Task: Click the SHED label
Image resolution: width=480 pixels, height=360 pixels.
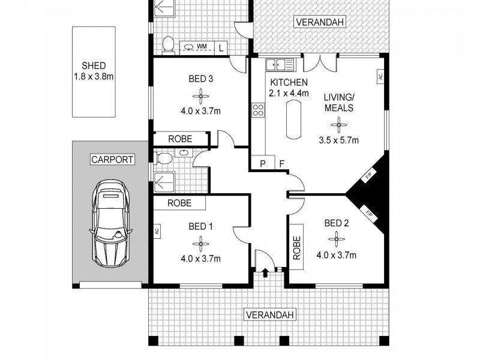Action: [x=94, y=67]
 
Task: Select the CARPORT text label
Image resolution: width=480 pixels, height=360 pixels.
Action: [x=112, y=160]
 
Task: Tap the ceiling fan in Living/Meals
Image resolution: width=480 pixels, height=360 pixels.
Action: [x=340, y=125]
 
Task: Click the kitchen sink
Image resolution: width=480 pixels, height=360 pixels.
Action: [x=280, y=64]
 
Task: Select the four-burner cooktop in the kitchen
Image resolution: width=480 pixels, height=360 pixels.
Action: [x=259, y=110]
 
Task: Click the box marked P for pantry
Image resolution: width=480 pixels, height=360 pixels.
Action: [x=262, y=163]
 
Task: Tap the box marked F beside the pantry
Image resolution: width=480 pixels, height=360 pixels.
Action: [x=281, y=163]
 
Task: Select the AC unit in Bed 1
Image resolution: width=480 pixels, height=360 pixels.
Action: [x=156, y=230]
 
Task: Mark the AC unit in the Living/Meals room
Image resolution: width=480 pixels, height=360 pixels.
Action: [x=380, y=77]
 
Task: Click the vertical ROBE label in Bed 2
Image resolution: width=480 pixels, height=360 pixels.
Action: [x=296, y=247]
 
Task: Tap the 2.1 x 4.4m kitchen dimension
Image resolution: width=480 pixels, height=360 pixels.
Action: [x=289, y=93]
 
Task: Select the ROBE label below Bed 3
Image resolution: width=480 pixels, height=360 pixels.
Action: [x=179, y=139]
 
